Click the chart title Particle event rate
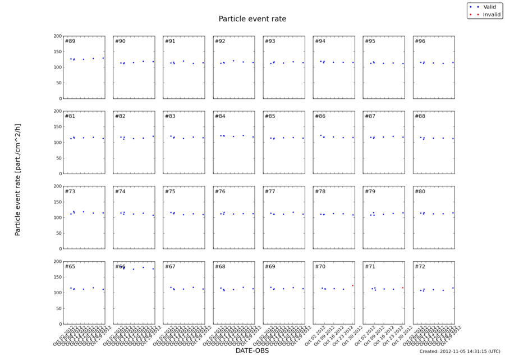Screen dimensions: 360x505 pos(252,19)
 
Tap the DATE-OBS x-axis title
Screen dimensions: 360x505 pos(252,350)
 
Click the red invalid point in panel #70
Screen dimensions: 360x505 pos(353,285)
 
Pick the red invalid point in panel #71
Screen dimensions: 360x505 pos(402,288)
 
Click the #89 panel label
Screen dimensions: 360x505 pos(70,41)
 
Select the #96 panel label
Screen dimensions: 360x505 pos(420,41)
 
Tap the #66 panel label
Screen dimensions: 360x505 pos(120,266)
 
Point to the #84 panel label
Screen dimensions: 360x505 pos(220,116)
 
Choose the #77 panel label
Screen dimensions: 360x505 pos(270,192)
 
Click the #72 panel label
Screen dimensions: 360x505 pos(420,266)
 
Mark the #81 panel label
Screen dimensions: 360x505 pos(70,116)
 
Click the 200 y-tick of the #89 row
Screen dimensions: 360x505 pos(57,36)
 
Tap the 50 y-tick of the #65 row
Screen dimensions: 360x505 pos(58,308)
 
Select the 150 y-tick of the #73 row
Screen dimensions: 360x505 pos(57,202)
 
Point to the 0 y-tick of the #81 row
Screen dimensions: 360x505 pos(60,174)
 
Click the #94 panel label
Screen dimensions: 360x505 pos(320,41)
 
